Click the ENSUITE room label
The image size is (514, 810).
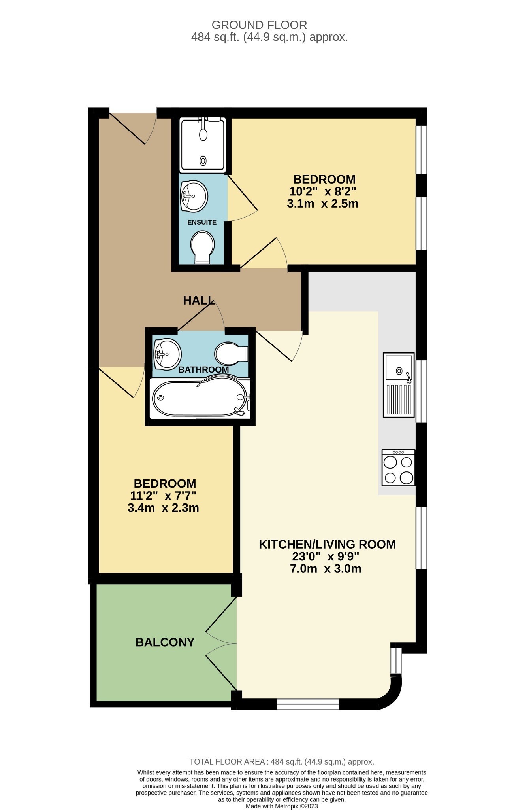click(201, 222)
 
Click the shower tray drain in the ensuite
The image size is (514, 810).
click(203, 161)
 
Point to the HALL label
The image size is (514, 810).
click(198, 301)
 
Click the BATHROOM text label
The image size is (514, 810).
click(203, 369)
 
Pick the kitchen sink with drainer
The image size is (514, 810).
click(399, 385)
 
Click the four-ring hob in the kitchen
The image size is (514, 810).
click(398, 467)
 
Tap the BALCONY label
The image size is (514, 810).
click(165, 642)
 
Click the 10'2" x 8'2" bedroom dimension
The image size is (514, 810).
click(323, 192)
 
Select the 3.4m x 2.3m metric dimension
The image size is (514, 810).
click(163, 508)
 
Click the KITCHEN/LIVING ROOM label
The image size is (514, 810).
click(327, 544)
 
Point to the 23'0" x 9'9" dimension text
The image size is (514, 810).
click(326, 556)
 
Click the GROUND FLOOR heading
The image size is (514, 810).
click(259, 25)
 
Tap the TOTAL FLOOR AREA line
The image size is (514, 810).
click(281, 762)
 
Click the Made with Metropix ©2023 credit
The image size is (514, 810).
click(281, 806)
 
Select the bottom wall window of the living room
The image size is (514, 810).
click(308, 704)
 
